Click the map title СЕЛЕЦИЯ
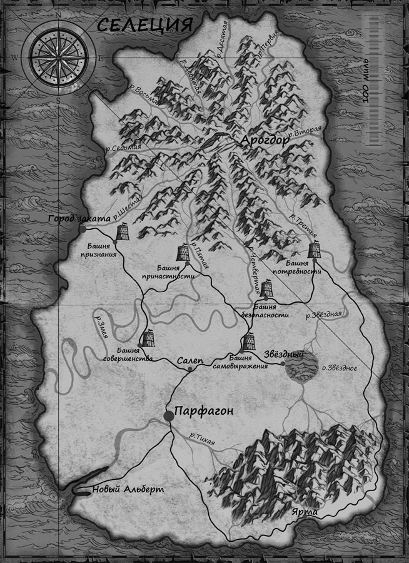pos(144,26)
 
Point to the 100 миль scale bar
pos(373,59)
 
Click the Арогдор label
pos(265,140)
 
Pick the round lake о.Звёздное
pos(300,368)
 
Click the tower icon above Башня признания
pos(123,232)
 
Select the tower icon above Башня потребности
pos(314,250)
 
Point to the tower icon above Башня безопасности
pos(268,289)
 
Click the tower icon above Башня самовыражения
pos(249,342)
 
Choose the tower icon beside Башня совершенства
pos(148,338)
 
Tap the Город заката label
pos(81,219)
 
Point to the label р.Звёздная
pos(323,314)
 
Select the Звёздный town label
pos(283,354)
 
